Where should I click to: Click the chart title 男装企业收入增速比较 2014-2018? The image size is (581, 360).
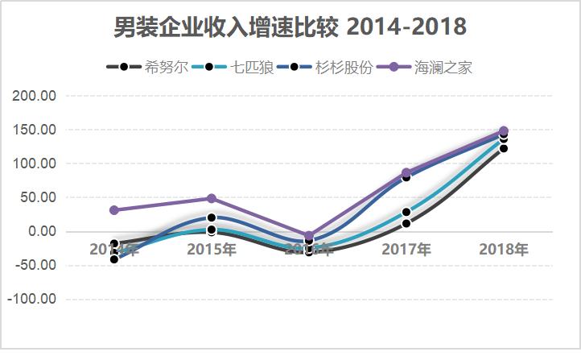290,27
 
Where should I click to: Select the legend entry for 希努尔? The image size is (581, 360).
165,67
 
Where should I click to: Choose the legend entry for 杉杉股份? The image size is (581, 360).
345,67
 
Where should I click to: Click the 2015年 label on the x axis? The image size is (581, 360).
212,249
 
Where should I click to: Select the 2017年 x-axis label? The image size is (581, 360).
406,249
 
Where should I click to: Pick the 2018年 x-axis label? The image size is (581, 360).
504,249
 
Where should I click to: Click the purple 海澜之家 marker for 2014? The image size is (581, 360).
114,210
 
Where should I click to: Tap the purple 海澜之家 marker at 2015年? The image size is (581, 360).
212,198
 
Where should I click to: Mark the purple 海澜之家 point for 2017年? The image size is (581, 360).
406,172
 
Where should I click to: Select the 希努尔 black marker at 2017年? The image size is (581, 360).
406,223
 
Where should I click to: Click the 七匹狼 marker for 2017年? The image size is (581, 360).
406,213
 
